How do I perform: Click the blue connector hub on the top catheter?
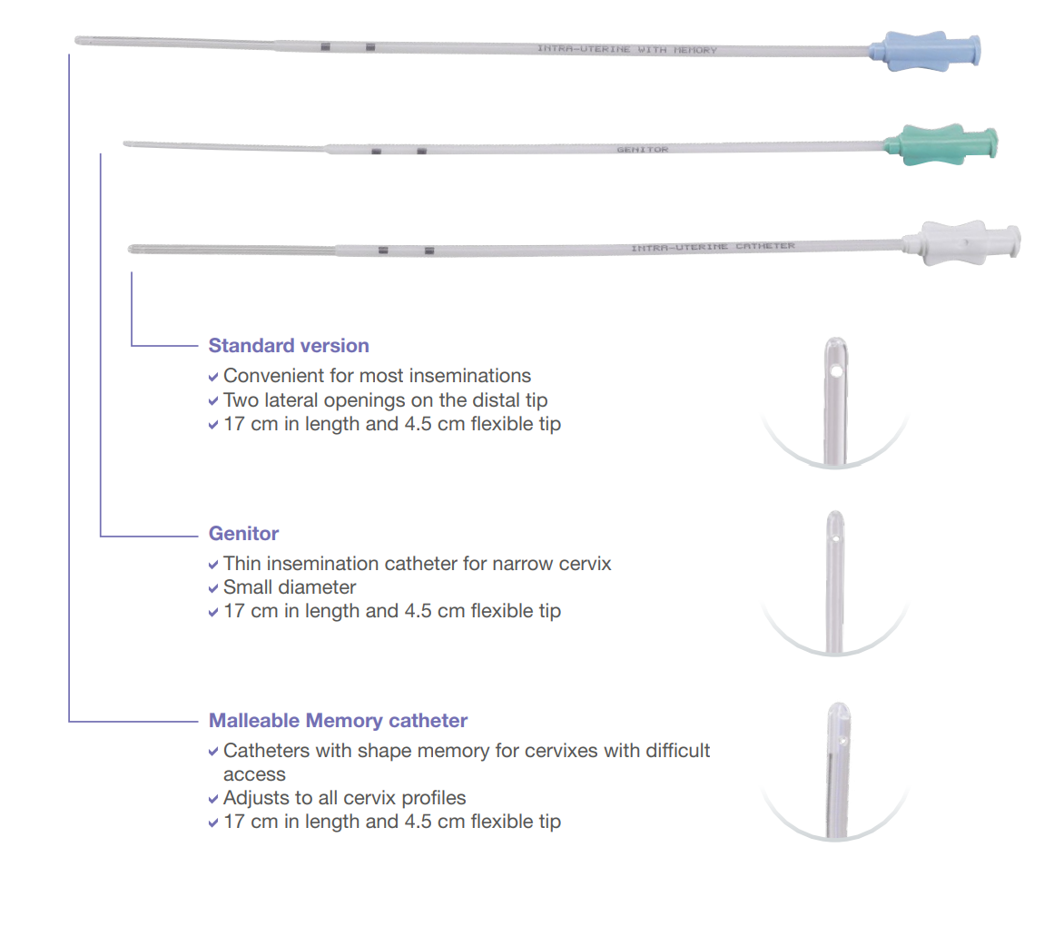tap(925, 51)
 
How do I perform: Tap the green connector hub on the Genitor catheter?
tap(941, 143)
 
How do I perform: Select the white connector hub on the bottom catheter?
tap(962, 243)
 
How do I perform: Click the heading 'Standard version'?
tap(289, 346)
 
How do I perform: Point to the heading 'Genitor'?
tap(243, 533)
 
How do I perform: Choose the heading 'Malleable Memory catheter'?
tap(338, 720)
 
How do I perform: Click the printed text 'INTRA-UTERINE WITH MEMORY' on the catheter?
tap(627, 49)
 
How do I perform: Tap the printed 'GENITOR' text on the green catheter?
tap(642, 150)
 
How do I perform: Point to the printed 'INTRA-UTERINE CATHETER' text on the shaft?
tap(713, 247)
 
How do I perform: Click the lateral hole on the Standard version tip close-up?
tap(836, 370)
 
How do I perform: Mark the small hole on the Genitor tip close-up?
tap(834, 537)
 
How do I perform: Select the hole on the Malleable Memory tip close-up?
tap(842, 740)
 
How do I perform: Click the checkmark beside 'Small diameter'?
tap(213, 588)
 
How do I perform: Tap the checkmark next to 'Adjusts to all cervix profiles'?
tap(213, 799)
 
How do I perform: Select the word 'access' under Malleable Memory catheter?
tap(254, 775)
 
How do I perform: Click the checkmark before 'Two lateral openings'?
tap(213, 400)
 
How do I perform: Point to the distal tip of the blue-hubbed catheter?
tap(76, 41)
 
